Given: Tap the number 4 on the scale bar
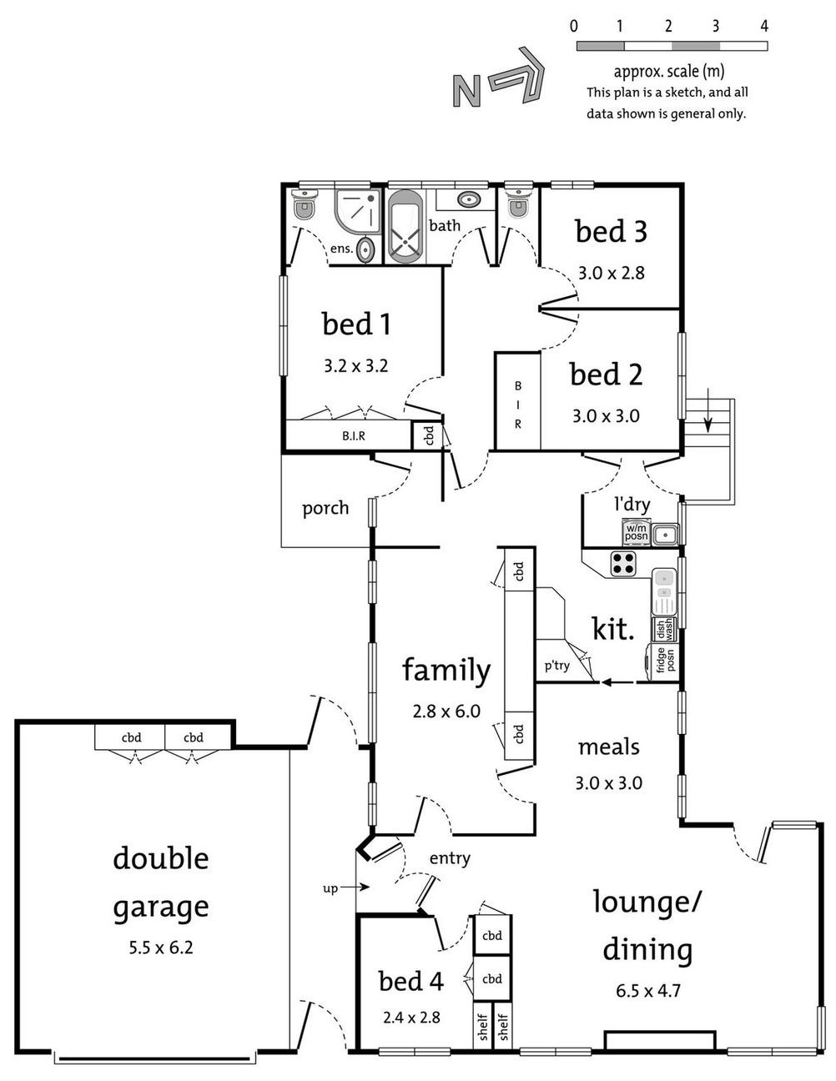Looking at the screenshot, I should [764, 26].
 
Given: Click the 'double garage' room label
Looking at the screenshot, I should [160, 882].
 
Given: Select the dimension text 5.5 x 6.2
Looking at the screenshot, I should [160, 947].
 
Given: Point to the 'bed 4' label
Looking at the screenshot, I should [410, 981].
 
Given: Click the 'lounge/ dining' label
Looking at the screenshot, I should [647, 925].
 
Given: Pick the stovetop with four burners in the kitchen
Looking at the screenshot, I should [623, 564].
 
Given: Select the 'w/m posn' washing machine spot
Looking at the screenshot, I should [636, 531].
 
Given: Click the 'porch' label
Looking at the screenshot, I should [325, 508].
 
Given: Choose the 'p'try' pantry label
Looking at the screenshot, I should [556, 665].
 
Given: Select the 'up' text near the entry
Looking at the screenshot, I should [330, 888].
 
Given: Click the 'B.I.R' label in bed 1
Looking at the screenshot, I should [354, 435].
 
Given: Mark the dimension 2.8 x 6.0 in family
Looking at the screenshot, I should [446, 711].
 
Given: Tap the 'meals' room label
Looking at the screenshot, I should [609, 747].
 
